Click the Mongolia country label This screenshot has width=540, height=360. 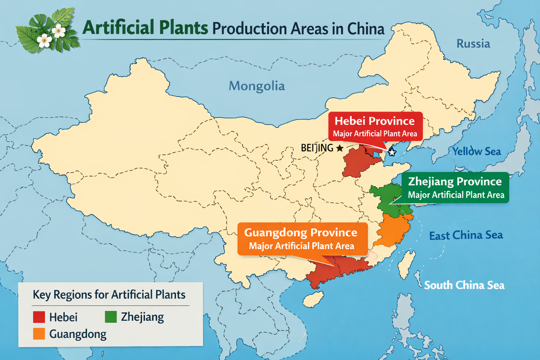[x=257, y=86]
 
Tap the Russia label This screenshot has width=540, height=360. [x=473, y=44]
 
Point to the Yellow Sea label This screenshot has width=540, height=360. [x=476, y=152]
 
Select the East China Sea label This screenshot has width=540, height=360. [x=466, y=235]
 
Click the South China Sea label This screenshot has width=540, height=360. [x=464, y=285]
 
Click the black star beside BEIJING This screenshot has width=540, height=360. [x=340, y=148]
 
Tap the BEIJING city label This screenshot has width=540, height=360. [x=317, y=148]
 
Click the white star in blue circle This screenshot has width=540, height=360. [x=392, y=152]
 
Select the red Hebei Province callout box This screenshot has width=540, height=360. [x=375, y=126]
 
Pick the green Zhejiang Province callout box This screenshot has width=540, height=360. [x=456, y=187]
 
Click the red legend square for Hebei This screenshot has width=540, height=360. [x=39, y=317]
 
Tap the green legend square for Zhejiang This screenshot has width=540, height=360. [x=111, y=317]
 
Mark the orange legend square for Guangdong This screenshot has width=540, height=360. [x=39, y=334]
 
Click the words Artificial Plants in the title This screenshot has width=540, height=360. [x=145, y=28]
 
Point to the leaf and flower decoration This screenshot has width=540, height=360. [x=47, y=32]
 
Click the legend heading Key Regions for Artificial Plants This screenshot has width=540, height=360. [x=109, y=295]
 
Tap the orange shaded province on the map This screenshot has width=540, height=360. [x=394, y=230]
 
